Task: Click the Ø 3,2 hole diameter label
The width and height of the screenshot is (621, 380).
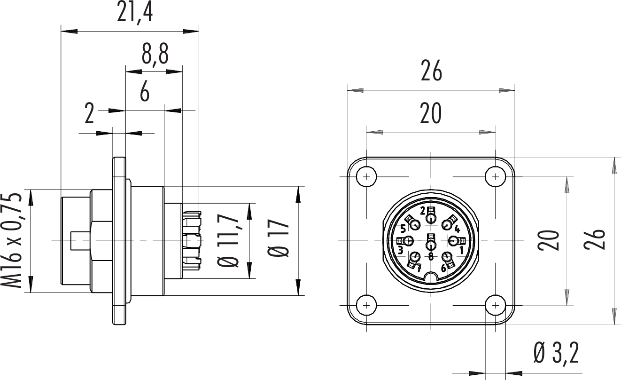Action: coord(557,354)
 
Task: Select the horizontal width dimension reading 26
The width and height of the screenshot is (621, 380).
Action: coord(431,72)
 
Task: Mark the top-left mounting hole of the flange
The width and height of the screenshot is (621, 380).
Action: coord(366,177)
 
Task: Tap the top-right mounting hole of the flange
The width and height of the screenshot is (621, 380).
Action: coord(495,177)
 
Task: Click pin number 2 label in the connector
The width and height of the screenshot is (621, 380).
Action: coord(423,210)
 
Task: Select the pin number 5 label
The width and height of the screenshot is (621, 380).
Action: coord(403,229)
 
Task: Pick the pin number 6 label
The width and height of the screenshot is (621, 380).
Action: coord(443,269)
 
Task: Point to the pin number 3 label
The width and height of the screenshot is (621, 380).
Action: coord(400,250)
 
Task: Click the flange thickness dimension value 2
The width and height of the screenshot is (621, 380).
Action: coord(89,115)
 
